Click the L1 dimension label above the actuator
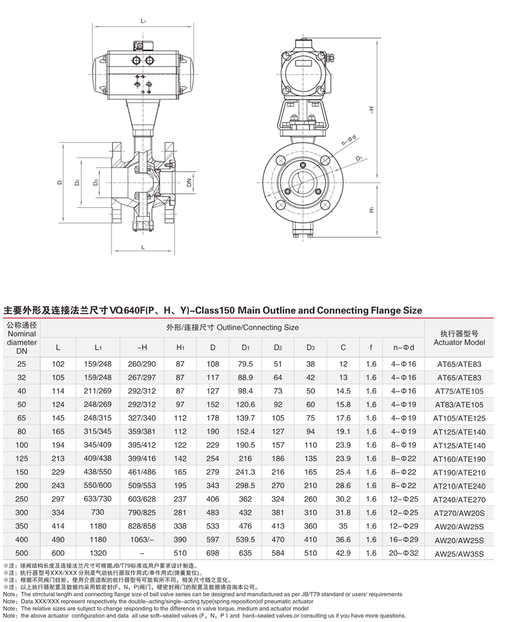click(143, 21)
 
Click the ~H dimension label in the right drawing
click(371, 109)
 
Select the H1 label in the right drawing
click(371, 210)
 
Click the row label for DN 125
click(21, 458)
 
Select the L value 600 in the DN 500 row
click(58, 554)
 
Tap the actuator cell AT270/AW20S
click(459, 513)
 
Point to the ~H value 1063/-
click(142, 540)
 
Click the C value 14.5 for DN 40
click(343, 391)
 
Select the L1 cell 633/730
click(98, 500)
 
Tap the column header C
click(343, 348)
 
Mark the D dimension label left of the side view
click(60, 182)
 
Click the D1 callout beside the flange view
click(358, 158)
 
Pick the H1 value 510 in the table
click(180, 554)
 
